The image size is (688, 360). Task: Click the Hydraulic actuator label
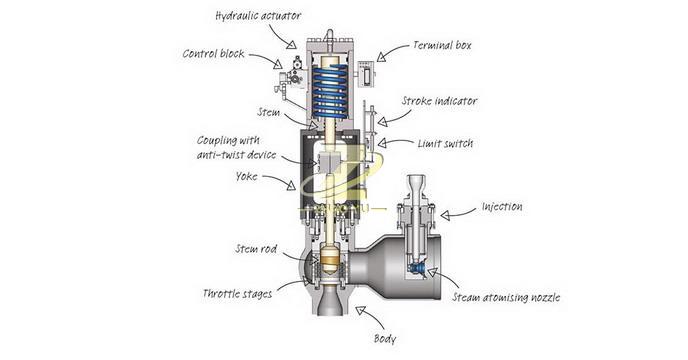pyautogui.click(x=258, y=16)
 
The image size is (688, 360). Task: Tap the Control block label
pyautogui.click(x=213, y=54)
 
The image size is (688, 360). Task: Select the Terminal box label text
pyautogui.click(x=442, y=45)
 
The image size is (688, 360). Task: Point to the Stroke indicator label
pyautogui.click(x=439, y=101)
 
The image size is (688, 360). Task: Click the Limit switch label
pyautogui.click(x=445, y=144)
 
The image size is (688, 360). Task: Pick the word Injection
pyautogui.click(x=502, y=206)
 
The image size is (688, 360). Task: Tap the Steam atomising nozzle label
pyautogui.click(x=506, y=297)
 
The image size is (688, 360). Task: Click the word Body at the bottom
pyautogui.click(x=385, y=338)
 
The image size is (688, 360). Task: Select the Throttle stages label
pyautogui.click(x=237, y=293)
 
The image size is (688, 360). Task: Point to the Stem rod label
pyautogui.click(x=256, y=249)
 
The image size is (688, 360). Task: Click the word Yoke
pyautogui.click(x=246, y=176)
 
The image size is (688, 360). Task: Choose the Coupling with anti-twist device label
pyautogui.click(x=236, y=148)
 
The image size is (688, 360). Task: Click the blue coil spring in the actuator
pyautogui.click(x=330, y=91)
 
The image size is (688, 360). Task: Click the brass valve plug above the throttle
pyautogui.click(x=329, y=258)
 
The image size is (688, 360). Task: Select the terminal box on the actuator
pyautogui.click(x=366, y=73)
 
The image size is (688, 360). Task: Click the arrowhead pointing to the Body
pyautogui.click(x=361, y=311)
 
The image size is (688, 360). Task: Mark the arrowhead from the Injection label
pyautogui.click(x=445, y=215)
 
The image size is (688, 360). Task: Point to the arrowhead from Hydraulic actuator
pyautogui.click(x=291, y=43)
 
